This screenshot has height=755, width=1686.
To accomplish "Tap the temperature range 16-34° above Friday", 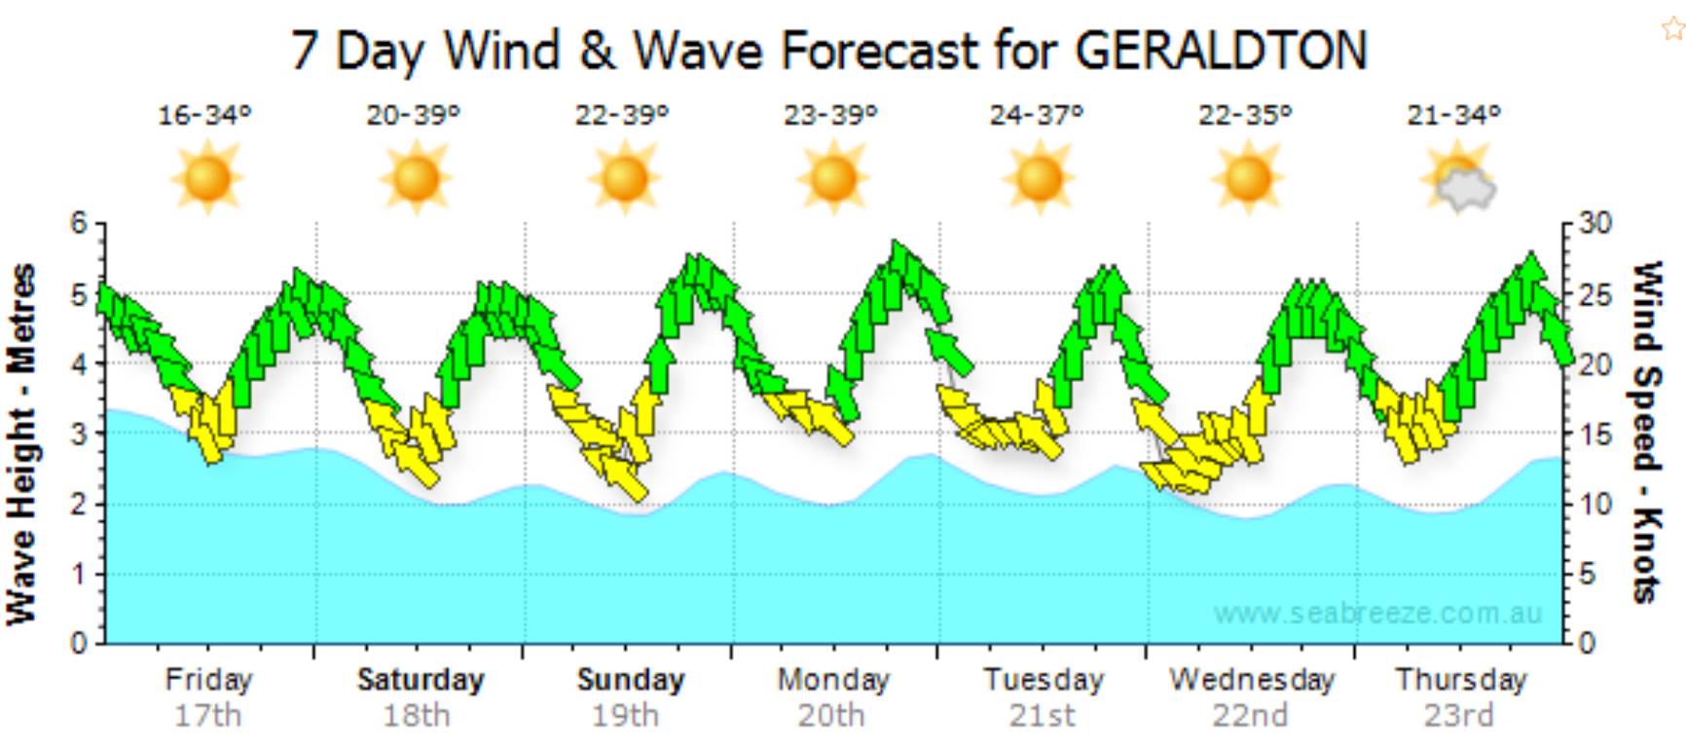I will (x=204, y=115).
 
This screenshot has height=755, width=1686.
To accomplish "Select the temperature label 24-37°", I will (x=1037, y=115).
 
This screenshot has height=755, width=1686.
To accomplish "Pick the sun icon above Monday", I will (x=832, y=178).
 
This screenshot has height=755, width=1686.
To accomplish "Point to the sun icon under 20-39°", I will (x=416, y=178).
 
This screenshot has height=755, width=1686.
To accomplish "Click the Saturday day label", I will (x=421, y=679).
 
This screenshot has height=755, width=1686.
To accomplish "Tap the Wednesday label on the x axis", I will (x=1252, y=679).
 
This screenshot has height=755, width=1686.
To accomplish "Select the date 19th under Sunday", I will (x=625, y=716).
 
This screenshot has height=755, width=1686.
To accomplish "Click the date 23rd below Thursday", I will (x=1458, y=716).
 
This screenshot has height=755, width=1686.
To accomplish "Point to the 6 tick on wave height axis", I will (x=79, y=223).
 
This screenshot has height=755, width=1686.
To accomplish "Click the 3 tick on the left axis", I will (x=79, y=434).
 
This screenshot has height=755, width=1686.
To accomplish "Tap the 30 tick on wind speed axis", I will (x=1595, y=223).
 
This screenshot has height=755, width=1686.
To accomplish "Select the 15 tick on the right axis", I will (x=1595, y=434).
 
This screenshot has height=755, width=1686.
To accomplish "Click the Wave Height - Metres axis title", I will (x=21, y=443).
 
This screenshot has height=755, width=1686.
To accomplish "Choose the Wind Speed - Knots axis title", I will (x=1646, y=432).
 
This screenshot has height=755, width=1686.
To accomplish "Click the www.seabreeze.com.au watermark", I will (x=1377, y=614).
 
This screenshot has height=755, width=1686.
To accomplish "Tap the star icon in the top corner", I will (x=1671, y=28).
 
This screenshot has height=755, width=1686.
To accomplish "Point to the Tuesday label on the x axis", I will (x=1044, y=679).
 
